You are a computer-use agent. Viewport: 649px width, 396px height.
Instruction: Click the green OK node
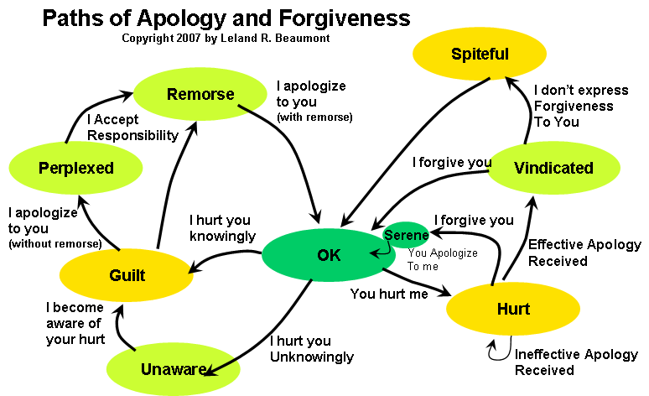coord(329,255)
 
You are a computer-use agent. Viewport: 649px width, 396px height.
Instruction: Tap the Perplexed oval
coord(75,168)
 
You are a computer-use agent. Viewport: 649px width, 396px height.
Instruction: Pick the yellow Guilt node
coord(127,275)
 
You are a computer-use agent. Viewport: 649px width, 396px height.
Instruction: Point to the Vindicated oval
coord(553,168)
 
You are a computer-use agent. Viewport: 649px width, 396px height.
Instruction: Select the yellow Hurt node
coord(512,309)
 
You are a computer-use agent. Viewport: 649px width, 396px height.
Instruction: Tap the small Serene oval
coord(407,235)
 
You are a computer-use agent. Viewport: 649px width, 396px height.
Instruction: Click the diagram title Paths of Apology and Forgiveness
coord(226,18)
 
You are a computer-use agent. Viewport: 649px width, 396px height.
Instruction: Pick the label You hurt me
coord(389,294)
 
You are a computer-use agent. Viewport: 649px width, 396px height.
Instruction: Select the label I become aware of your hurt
coord(76,323)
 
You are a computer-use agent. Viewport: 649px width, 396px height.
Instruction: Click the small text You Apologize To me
coord(442,258)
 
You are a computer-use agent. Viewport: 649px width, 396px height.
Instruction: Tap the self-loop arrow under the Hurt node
coord(496,351)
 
